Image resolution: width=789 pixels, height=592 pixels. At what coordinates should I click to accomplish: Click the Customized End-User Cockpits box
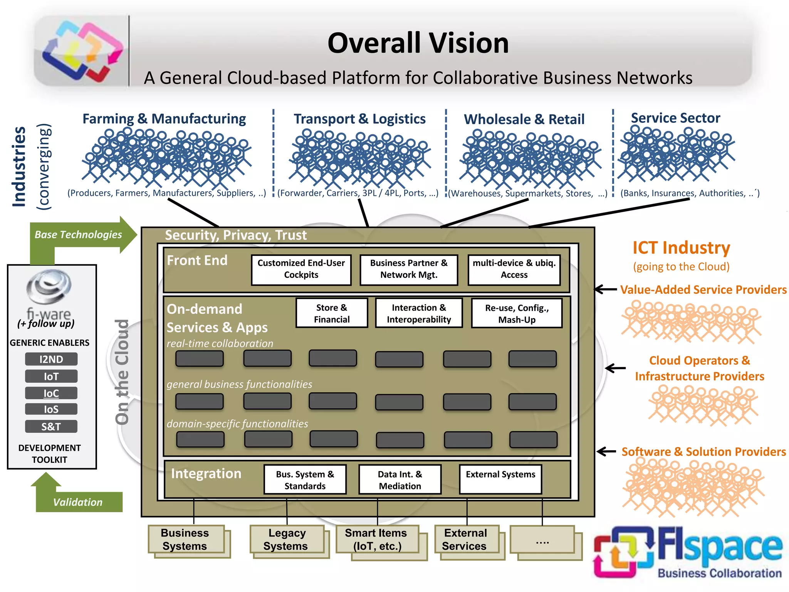[x=301, y=270]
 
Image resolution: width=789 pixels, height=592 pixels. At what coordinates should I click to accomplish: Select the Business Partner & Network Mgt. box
[x=409, y=270]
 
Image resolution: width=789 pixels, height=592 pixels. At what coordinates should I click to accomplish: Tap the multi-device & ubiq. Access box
[x=514, y=270]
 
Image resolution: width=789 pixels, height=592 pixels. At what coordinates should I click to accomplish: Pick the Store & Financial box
[x=332, y=313]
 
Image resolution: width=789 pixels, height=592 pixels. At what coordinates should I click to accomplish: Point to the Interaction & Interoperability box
[x=419, y=313]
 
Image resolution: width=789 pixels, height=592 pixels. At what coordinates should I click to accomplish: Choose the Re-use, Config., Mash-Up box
[x=517, y=313]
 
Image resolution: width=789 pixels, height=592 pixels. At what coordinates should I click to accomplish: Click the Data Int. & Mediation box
[x=400, y=480]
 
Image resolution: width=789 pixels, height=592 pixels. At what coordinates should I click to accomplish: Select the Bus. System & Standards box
[x=305, y=480]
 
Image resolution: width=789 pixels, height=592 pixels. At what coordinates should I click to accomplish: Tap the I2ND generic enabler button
[x=51, y=359]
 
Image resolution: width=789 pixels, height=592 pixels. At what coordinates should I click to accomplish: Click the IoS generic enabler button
[x=51, y=409]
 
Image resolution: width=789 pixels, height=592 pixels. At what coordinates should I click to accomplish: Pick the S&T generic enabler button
[x=51, y=427]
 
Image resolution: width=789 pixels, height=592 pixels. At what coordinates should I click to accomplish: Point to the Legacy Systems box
[x=287, y=539]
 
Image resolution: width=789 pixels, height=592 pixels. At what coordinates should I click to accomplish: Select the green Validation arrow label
[x=78, y=502]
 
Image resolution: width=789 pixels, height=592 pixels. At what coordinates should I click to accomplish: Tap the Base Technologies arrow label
[x=78, y=234]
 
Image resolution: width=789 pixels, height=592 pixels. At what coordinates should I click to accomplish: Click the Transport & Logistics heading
[x=359, y=119]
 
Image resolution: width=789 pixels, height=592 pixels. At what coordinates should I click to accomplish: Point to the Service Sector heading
[x=675, y=118]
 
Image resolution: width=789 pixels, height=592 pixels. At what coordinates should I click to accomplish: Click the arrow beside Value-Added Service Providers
[x=606, y=289]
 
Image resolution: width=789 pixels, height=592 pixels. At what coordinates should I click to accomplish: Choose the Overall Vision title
[x=418, y=43]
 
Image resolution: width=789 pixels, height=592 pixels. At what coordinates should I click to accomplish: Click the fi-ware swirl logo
[x=49, y=287]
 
